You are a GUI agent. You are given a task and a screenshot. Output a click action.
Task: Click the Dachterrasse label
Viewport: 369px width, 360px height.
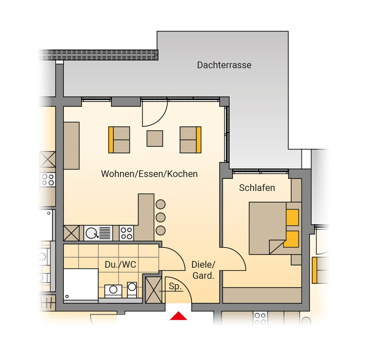(x=224, y=65)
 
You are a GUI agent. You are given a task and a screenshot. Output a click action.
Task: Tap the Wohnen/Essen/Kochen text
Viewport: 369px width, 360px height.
(x=149, y=174)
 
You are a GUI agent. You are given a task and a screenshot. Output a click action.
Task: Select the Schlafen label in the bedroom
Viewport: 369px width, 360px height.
(x=257, y=188)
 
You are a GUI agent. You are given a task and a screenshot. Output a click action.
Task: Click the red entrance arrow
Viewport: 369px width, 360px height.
(x=178, y=316)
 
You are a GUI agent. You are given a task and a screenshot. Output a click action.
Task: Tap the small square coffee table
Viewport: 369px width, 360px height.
(x=155, y=138)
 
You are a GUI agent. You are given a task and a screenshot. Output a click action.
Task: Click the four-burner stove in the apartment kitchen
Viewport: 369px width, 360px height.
(x=126, y=233)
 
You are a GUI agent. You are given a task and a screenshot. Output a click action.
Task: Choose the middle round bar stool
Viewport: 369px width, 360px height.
(x=161, y=217)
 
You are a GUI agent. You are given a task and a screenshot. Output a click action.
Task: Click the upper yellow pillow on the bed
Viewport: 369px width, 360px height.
(x=292, y=217)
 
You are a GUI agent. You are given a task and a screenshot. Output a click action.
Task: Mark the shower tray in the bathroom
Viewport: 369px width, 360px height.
(x=81, y=284)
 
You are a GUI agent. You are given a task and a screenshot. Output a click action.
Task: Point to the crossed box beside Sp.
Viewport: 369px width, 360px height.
(x=154, y=290)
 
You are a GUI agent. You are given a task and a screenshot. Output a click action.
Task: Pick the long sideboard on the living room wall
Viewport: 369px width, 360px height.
(x=71, y=145)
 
